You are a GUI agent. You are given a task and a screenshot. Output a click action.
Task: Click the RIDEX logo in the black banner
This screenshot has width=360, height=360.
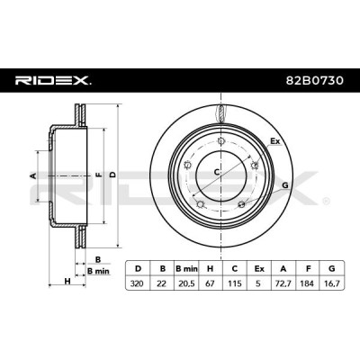point(53,81)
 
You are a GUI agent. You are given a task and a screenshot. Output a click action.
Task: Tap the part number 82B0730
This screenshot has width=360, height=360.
point(314,81)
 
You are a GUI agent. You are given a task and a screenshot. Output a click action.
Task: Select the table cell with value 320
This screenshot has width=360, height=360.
point(138,283)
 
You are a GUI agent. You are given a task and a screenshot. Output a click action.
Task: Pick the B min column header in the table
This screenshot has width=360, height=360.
point(186,268)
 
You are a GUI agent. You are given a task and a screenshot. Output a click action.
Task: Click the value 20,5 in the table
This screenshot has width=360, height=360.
point(186,283)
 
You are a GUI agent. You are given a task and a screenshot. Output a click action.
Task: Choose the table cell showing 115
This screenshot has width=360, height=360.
point(235,283)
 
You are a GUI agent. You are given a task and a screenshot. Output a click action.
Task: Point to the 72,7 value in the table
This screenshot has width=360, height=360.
point(283,283)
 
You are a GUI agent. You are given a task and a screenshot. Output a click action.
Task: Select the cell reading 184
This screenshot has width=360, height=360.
point(308,283)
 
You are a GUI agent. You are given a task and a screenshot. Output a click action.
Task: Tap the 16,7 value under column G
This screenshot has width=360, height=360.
point(332,283)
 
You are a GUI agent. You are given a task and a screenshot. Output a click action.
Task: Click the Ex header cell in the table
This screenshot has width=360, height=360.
point(259,268)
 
